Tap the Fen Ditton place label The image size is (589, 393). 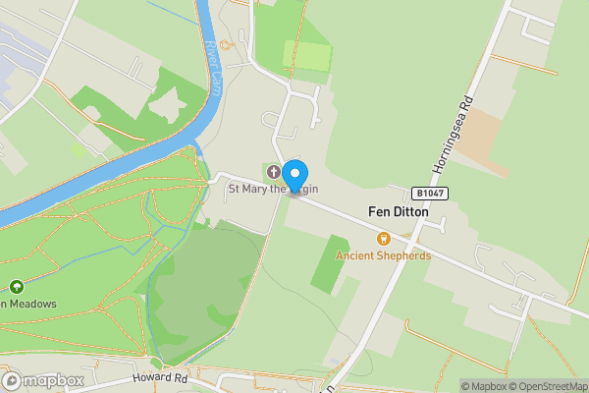pos(398,211)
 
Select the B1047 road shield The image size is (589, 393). pos(430,194)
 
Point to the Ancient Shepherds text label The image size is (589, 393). pos(383,255)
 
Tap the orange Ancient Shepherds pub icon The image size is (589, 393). pos(383,238)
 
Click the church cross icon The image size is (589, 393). pos(273,171)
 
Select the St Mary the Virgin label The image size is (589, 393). pos(273,189)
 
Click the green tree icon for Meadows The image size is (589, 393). pos(17,287)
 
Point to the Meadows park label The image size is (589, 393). pos(29,304)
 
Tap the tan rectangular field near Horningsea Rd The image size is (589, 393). pos(482,146)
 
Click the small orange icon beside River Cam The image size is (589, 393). pos(224,43)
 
